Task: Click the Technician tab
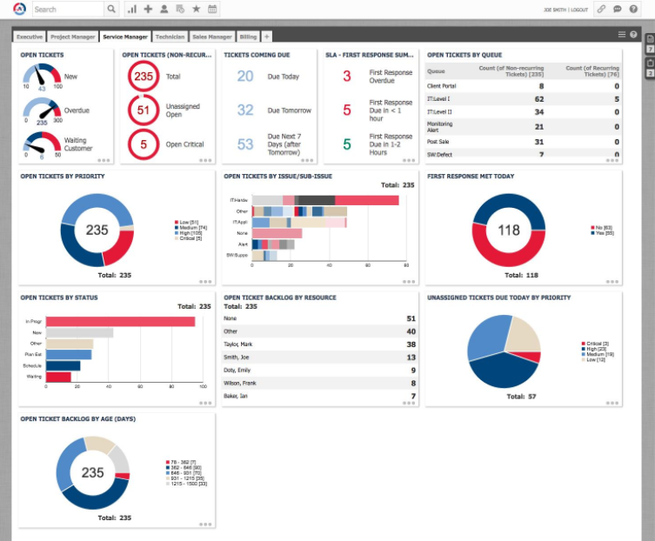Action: point(170,37)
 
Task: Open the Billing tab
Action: point(248,37)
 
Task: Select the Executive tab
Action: point(30,37)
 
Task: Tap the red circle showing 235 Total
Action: point(144,77)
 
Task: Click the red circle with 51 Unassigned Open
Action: point(144,109)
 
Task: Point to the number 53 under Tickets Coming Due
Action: point(245,144)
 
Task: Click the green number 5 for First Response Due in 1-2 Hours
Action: point(346,144)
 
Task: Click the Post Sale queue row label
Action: point(439,141)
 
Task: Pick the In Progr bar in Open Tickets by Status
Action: point(120,322)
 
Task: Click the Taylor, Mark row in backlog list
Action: point(240,344)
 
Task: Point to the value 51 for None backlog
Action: point(411,319)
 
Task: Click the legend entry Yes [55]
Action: point(603,234)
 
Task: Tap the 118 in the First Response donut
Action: point(509,231)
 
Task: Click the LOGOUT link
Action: point(579,10)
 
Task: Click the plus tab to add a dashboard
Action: point(266,37)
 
